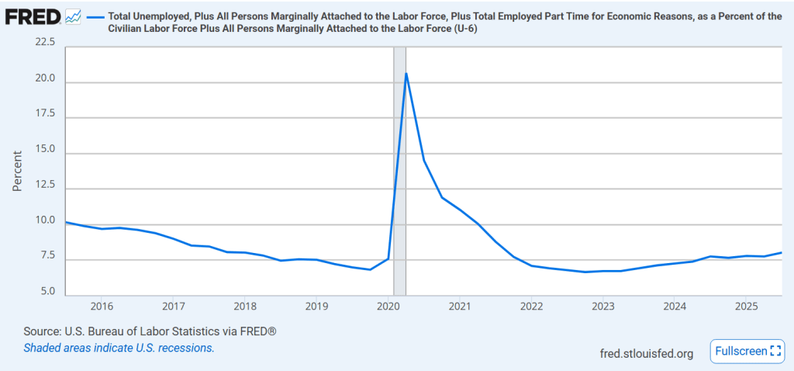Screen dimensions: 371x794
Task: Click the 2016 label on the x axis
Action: [102, 306]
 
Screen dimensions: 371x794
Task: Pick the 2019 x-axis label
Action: [316, 306]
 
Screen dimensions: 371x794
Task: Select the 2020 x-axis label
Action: [388, 306]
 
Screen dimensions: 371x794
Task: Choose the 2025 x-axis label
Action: [746, 306]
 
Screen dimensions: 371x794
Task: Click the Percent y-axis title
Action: [17, 171]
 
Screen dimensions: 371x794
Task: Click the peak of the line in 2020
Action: [406, 74]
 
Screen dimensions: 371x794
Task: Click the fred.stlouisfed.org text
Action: [647, 353]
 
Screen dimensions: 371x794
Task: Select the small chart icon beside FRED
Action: [74, 16]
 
